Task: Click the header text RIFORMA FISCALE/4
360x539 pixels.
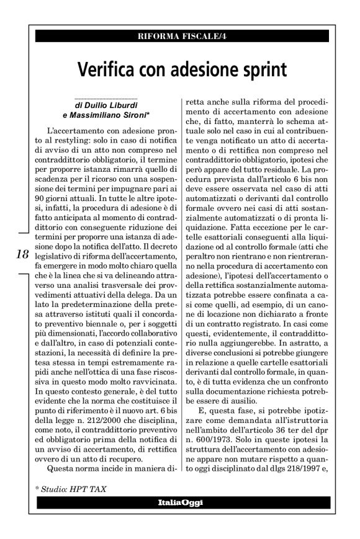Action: pyautogui.click(x=180, y=35)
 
